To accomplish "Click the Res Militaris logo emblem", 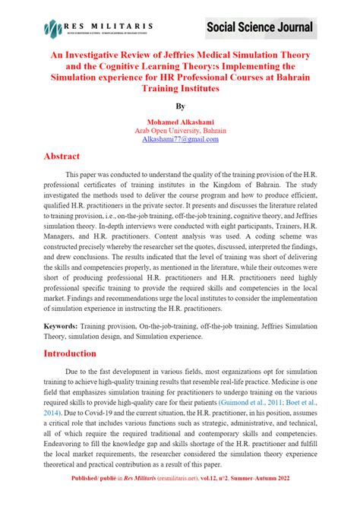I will click(x=52, y=29).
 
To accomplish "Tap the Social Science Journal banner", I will click(x=259, y=29).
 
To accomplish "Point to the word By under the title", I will click(x=180, y=107).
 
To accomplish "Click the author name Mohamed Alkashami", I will click(x=180, y=122).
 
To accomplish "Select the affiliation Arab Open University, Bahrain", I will click(x=180, y=130).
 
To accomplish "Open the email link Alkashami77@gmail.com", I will click(x=180, y=139).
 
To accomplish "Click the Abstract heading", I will click(x=62, y=156).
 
